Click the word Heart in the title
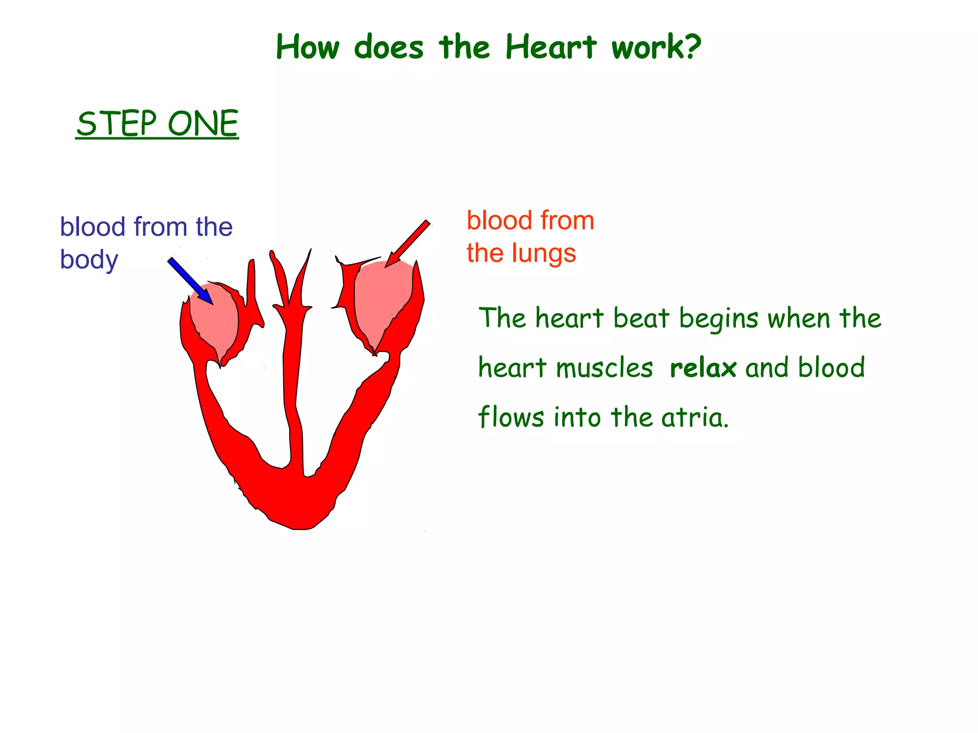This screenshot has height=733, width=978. (x=551, y=47)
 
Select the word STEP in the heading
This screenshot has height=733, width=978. (x=117, y=124)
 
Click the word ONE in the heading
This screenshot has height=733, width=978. (x=203, y=124)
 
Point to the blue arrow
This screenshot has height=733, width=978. (x=190, y=281)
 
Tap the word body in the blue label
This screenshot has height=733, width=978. (x=89, y=260)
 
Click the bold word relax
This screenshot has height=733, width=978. (x=703, y=368)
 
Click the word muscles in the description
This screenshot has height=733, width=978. (x=604, y=368)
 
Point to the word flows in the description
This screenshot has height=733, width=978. (x=511, y=417)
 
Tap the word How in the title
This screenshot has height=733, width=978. (x=308, y=47)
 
